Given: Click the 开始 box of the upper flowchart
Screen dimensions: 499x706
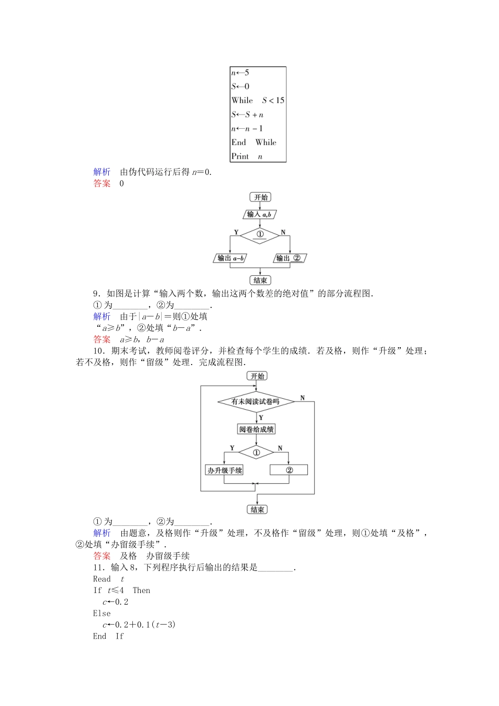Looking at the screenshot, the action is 261,198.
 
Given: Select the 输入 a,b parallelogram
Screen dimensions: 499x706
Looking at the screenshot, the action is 259,214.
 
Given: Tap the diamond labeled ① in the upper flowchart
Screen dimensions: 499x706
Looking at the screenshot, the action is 260,235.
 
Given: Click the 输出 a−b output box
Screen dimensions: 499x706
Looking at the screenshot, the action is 230,258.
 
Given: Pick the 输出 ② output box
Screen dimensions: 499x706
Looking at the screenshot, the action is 289,258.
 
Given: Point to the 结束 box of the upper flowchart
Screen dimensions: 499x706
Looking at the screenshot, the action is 261,281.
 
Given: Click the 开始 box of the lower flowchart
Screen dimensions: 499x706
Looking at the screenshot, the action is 257,376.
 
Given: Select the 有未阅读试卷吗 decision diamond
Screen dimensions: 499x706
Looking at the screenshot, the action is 256,402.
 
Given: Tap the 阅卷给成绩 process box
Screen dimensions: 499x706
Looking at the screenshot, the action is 256,430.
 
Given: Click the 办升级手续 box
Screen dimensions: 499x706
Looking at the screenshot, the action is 225,470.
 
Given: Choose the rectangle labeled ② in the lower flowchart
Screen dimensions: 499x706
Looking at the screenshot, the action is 289,470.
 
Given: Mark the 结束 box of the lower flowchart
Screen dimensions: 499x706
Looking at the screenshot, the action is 257,510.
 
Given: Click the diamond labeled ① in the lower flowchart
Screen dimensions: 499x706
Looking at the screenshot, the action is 256,452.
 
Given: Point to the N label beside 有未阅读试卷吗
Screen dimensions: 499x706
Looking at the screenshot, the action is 303,398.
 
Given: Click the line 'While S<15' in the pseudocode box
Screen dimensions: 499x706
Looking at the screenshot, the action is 258,100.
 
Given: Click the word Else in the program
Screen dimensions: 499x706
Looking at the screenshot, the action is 102,613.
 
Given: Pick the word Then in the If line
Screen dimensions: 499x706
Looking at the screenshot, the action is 141,590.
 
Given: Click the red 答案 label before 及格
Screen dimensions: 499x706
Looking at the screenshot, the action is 102,556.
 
